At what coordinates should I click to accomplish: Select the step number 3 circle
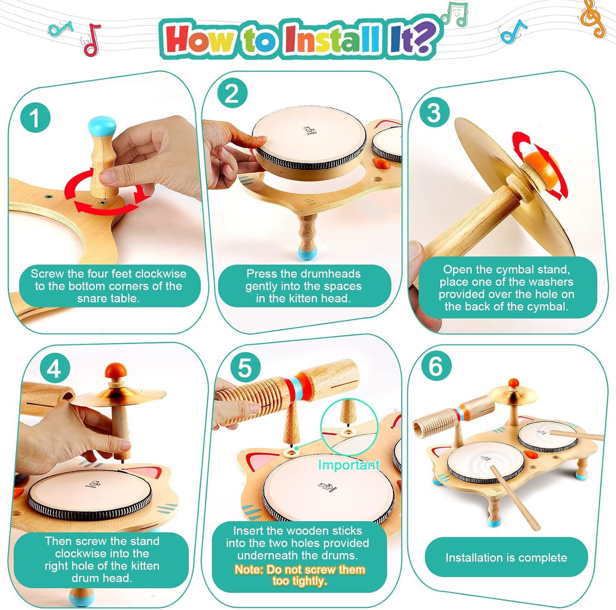pyautogui.click(x=434, y=112)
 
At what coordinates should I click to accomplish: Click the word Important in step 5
pyautogui.click(x=349, y=465)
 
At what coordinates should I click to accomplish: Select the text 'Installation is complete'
pyautogui.click(x=506, y=558)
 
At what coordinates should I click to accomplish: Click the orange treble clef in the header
pyautogui.click(x=592, y=18)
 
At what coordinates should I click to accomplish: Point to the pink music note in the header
pyautogui.click(x=92, y=40)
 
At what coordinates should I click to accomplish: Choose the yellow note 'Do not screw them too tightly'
pyautogui.click(x=299, y=575)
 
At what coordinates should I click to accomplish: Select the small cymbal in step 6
pyautogui.click(x=513, y=394)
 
